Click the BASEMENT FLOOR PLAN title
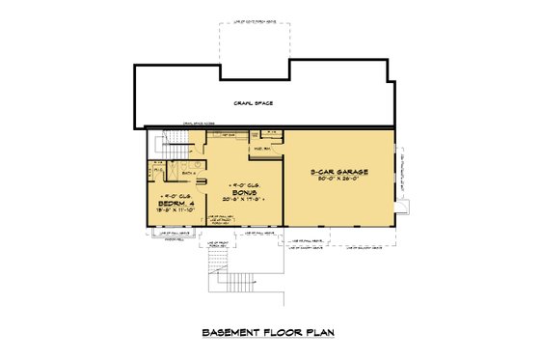(x=270, y=332)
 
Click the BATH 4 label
(x=189, y=173)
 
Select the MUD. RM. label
(x=261, y=150)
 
